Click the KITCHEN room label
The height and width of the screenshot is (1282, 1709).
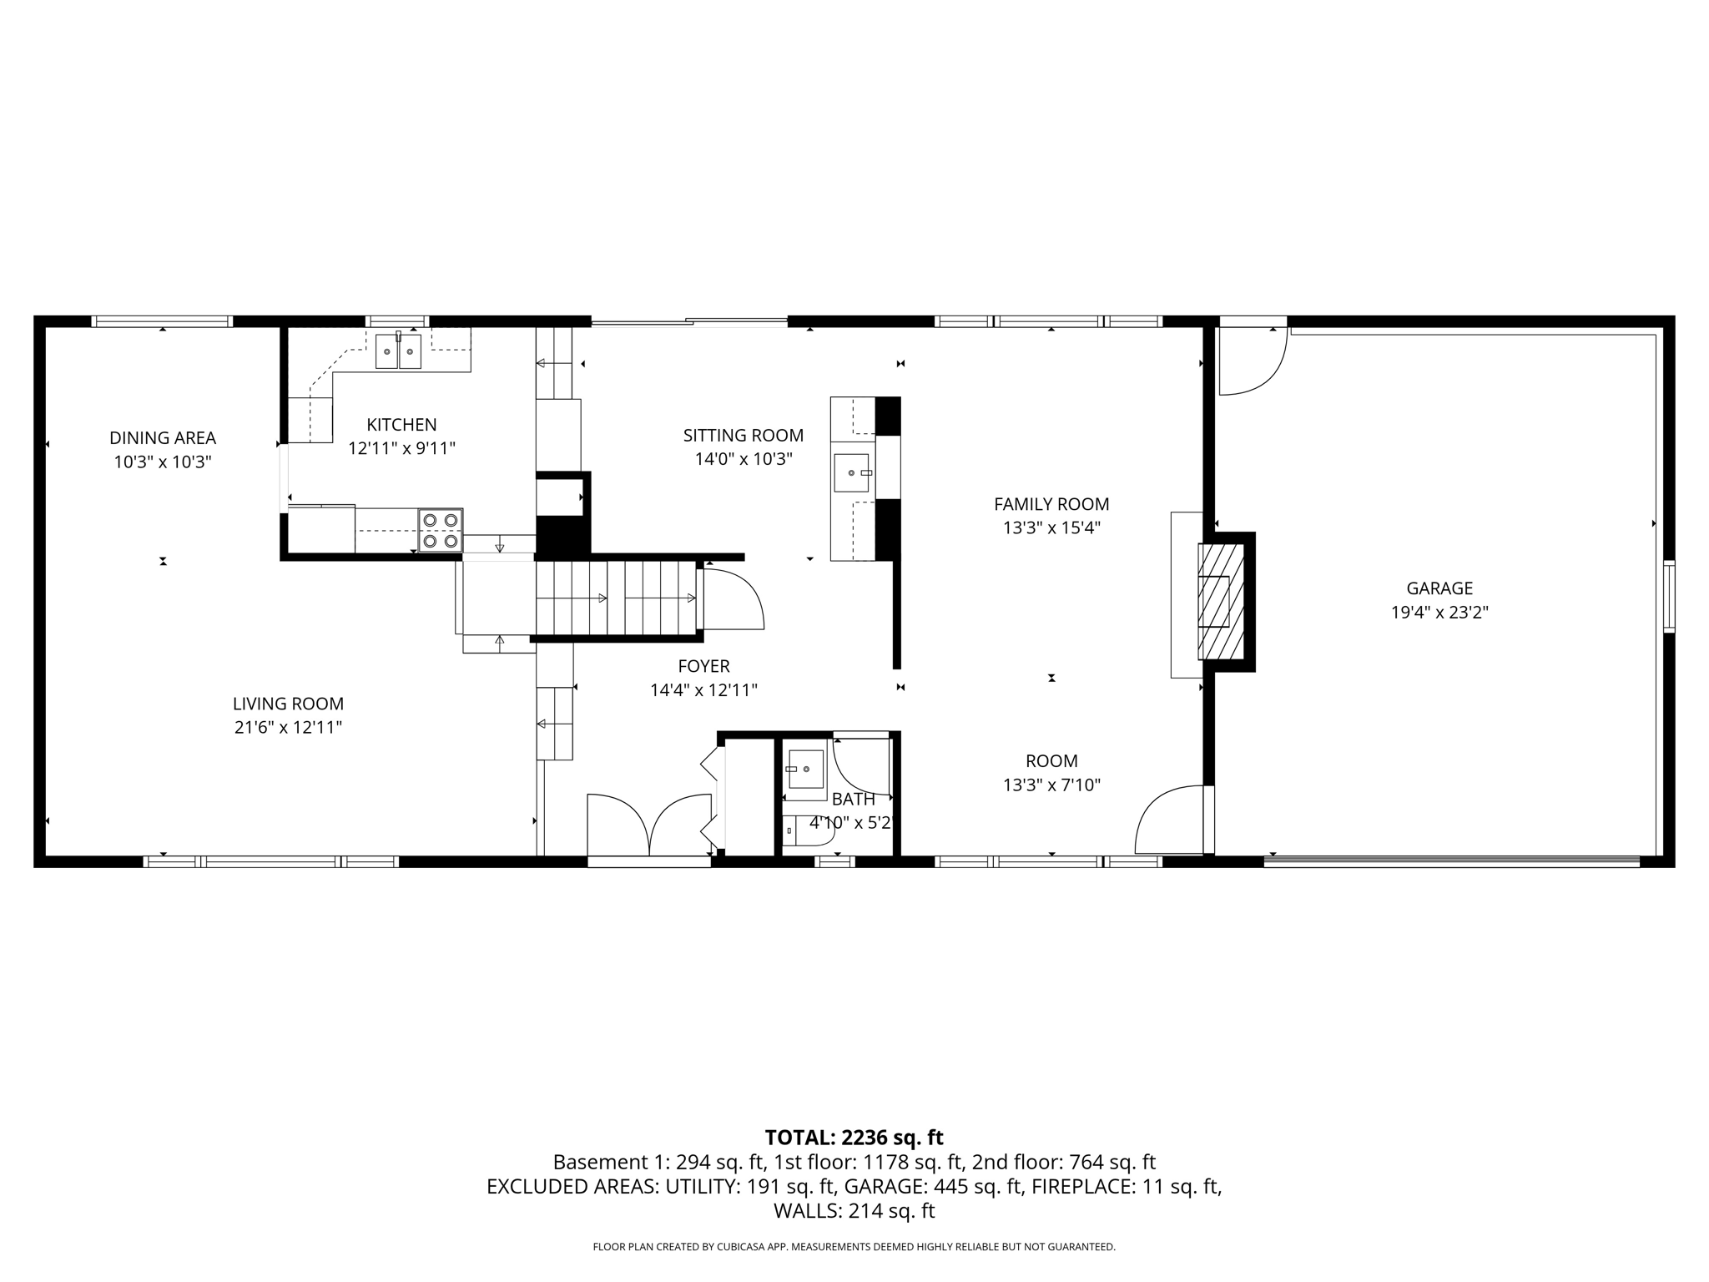click(401, 425)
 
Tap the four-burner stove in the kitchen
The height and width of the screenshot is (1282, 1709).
click(441, 531)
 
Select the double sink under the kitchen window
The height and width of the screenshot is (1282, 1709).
click(398, 351)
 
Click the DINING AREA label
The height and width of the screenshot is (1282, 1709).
click(163, 438)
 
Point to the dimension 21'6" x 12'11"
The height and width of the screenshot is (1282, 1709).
click(288, 728)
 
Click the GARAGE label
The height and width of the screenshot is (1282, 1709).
click(1439, 588)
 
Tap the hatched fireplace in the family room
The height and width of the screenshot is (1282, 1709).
click(1222, 601)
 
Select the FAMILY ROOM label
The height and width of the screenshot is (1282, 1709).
click(1051, 504)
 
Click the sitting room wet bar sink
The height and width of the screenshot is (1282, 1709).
click(852, 473)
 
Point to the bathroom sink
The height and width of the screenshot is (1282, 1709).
click(804, 769)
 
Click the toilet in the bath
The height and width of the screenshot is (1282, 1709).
click(801, 830)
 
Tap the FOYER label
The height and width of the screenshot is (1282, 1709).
click(703, 666)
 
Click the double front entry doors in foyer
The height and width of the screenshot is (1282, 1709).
click(649, 826)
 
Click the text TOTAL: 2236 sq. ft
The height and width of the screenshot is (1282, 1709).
click(854, 1138)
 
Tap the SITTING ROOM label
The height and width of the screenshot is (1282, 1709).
click(743, 436)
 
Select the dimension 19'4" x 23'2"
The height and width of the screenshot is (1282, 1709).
click(1439, 613)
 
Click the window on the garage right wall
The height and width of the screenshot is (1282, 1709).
click(1668, 596)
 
